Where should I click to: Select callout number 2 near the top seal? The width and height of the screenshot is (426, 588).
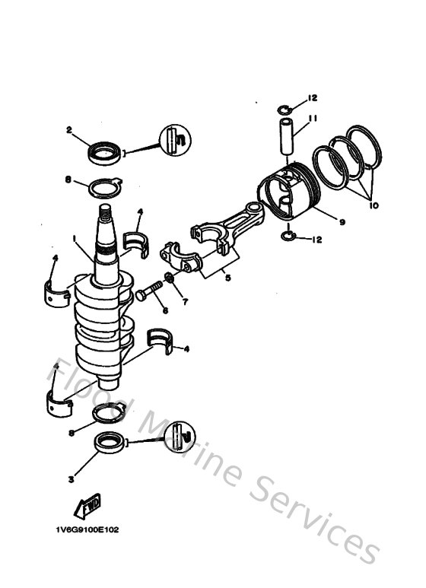pyautogui.click(x=68, y=130)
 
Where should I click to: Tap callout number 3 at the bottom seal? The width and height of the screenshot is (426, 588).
pyautogui.click(x=71, y=479)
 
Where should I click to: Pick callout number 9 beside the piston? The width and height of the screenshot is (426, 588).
pyautogui.click(x=342, y=221)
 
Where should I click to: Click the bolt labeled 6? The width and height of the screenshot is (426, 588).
pyautogui.click(x=148, y=293)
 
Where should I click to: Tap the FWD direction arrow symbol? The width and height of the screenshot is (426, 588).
pyautogui.click(x=87, y=505)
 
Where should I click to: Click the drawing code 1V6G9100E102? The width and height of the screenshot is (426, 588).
pyautogui.click(x=87, y=529)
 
